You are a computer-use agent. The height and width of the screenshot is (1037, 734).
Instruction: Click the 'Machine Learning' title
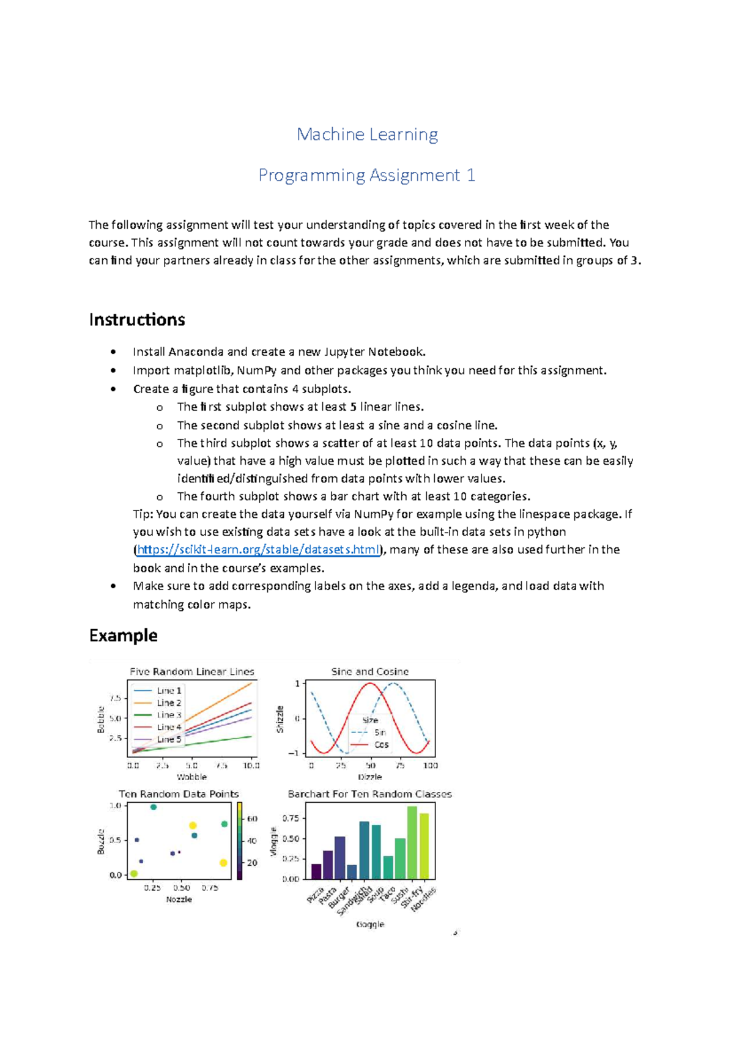point(367,135)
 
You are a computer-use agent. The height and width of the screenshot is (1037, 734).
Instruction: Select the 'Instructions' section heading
point(137,320)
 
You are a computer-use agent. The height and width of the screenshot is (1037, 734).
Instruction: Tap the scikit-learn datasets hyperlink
point(259,550)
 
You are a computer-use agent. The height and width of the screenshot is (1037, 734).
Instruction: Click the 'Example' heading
point(123,636)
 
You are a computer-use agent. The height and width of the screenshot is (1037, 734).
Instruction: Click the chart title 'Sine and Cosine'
point(370,671)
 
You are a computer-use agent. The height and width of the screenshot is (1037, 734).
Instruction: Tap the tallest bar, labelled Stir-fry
point(412,843)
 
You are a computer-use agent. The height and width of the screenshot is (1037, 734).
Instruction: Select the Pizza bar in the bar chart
point(316,871)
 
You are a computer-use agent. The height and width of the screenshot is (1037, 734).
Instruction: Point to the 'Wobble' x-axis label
point(192,777)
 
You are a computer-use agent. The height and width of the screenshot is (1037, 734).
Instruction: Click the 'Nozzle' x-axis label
point(179,899)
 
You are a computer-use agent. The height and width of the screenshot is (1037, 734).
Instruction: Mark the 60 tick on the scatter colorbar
point(251,819)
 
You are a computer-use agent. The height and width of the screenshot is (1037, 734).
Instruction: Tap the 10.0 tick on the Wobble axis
point(251,766)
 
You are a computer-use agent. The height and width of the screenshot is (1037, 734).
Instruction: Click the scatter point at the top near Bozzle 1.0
point(154,807)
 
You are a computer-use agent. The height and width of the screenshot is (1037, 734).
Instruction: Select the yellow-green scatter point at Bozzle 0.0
point(134,874)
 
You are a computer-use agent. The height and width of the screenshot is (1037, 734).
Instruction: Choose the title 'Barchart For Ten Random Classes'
point(370,794)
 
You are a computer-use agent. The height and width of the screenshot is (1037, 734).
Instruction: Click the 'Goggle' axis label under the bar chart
point(370,924)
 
